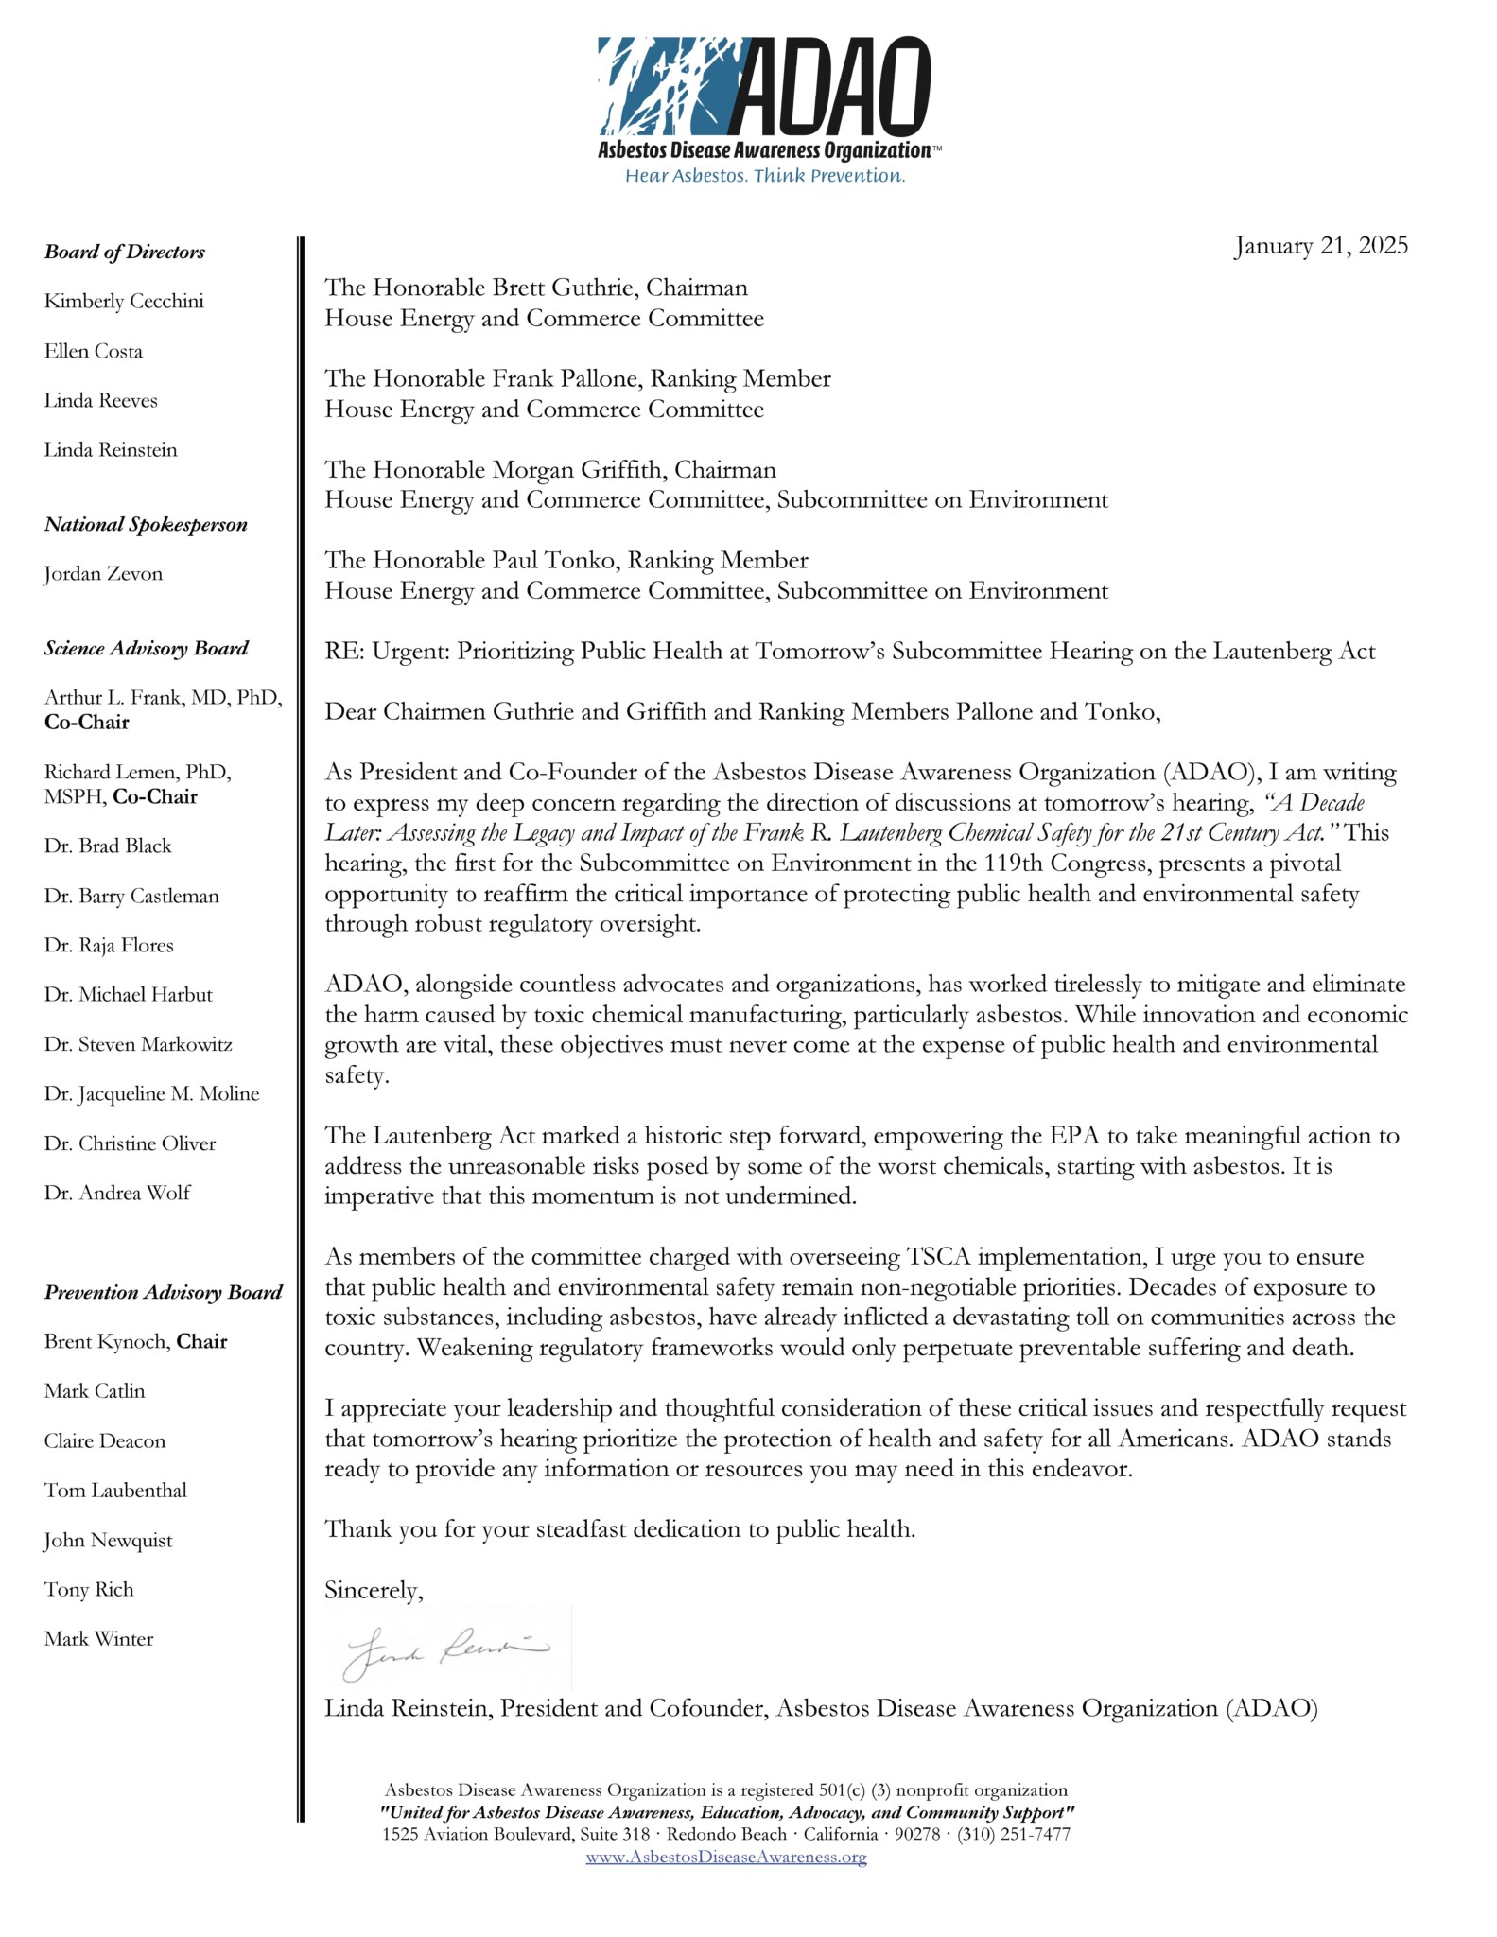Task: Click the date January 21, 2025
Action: pyautogui.click(x=1320, y=246)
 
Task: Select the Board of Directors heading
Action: pyautogui.click(x=125, y=252)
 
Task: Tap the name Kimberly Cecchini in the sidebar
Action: pyautogui.click(x=124, y=302)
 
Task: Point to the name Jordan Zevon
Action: pyautogui.click(x=103, y=574)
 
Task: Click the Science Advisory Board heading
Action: pyautogui.click(x=147, y=648)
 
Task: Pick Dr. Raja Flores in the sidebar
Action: pyautogui.click(x=109, y=945)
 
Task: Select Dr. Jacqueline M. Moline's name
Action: pyautogui.click(x=151, y=1093)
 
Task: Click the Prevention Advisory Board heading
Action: pyautogui.click(x=163, y=1292)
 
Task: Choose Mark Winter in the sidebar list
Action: pyautogui.click(x=98, y=1639)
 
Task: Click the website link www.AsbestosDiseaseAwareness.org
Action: pyautogui.click(x=725, y=1857)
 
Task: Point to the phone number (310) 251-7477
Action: pyautogui.click(x=1014, y=1834)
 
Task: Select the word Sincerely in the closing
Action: pyautogui.click(x=372, y=1591)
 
